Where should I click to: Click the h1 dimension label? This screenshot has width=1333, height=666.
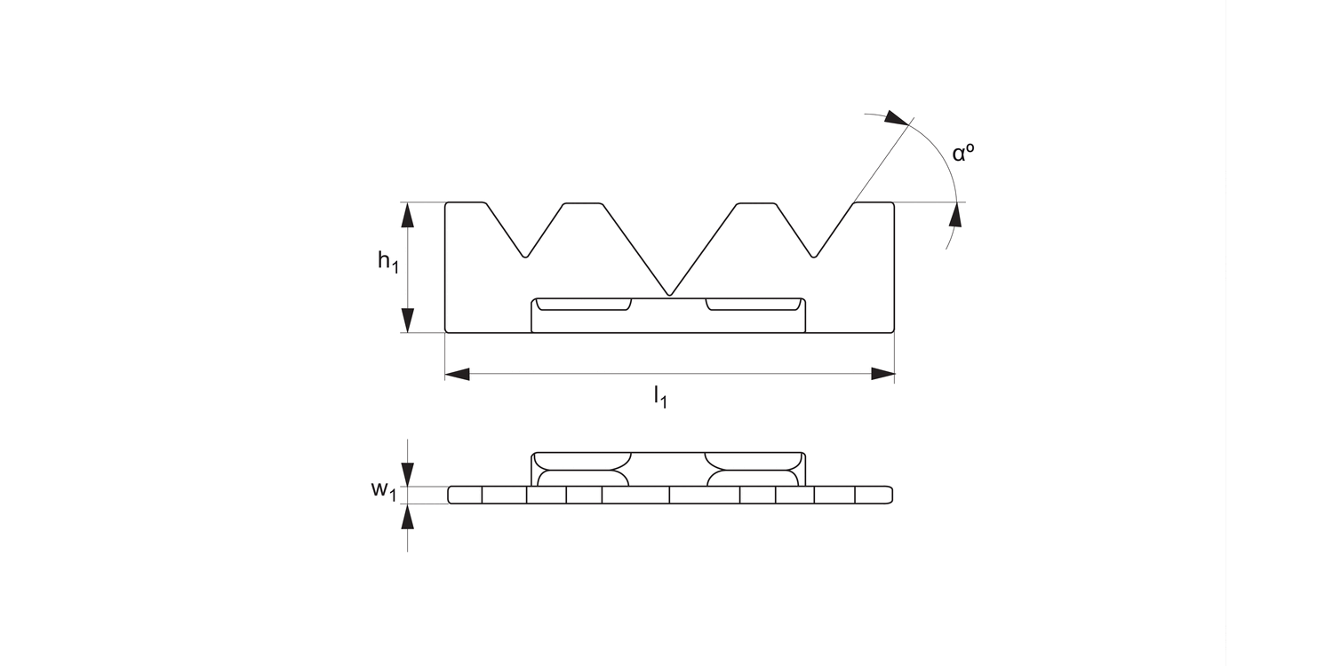(x=387, y=262)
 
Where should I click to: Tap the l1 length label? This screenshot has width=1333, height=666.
(x=660, y=397)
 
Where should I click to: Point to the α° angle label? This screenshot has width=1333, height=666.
(x=963, y=153)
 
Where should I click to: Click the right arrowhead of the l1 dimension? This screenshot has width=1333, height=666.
(x=882, y=374)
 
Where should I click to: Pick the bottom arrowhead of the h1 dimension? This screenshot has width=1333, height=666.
(x=408, y=321)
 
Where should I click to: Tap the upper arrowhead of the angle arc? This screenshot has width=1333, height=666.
(x=899, y=118)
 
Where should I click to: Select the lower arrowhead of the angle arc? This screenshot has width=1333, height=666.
(x=956, y=214)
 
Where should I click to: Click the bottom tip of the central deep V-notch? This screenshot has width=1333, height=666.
(x=670, y=294)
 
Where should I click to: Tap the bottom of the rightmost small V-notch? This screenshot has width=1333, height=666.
(x=814, y=256)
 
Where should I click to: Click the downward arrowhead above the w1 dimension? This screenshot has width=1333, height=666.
(x=408, y=474)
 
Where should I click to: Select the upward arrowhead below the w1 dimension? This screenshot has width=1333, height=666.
(x=408, y=516)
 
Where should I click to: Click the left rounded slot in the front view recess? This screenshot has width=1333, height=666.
(x=584, y=305)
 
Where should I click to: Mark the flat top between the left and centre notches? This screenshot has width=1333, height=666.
(x=583, y=203)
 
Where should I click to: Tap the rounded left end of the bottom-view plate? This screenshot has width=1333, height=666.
(x=451, y=495)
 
